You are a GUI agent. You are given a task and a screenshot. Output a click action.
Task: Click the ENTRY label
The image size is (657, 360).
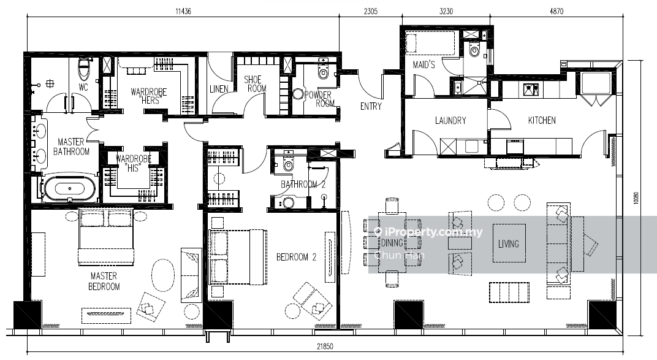pos(371,107)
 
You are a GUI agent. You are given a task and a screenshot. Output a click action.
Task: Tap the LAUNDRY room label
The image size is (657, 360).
pos(450,121)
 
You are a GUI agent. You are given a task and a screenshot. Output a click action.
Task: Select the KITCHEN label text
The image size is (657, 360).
pos(542,121)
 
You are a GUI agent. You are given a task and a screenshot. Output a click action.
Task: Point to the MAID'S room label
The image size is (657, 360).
pos(423,64)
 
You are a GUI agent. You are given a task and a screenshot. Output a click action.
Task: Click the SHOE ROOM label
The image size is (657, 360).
pos(255,84)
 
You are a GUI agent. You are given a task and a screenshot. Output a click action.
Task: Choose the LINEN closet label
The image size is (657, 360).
pos(219,89)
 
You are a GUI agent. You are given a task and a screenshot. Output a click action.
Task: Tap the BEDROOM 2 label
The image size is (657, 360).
pos(296,257)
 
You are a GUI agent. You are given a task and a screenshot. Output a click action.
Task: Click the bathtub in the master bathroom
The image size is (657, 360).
pos(69,189)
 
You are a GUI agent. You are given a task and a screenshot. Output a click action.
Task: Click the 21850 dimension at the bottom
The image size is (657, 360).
pos(325,347)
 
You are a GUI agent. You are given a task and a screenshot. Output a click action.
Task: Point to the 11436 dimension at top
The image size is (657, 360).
pos(183,11)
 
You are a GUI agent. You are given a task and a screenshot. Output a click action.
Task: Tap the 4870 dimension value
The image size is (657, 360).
pos(556,11)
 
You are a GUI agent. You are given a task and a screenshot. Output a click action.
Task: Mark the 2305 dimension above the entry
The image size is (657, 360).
pos(370,11)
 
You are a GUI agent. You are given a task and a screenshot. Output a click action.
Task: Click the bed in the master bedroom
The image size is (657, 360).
pos(106,236)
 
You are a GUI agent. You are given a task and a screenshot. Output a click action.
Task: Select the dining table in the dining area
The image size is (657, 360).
pos(392,242)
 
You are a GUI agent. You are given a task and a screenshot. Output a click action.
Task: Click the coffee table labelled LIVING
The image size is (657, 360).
pos(509,243)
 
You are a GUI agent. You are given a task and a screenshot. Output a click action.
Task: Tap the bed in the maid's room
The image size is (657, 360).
pos(430,43)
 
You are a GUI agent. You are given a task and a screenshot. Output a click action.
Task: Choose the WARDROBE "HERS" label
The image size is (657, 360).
pos(149,96)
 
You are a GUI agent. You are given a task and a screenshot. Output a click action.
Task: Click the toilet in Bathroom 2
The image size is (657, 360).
pos(288,163)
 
